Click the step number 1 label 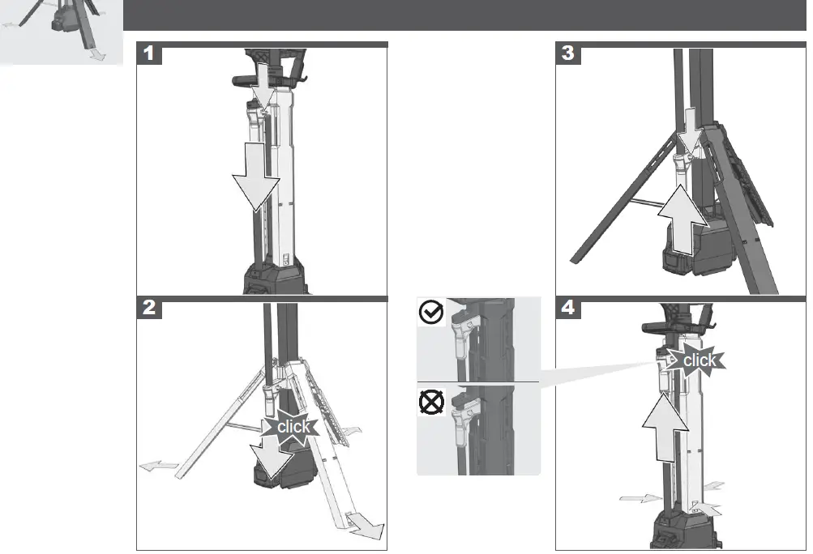[148, 54]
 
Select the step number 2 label [148, 309]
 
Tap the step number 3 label [568, 54]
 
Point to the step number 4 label [568, 309]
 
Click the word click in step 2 [294, 426]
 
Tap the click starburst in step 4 [699, 360]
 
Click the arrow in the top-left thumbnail [96, 54]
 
